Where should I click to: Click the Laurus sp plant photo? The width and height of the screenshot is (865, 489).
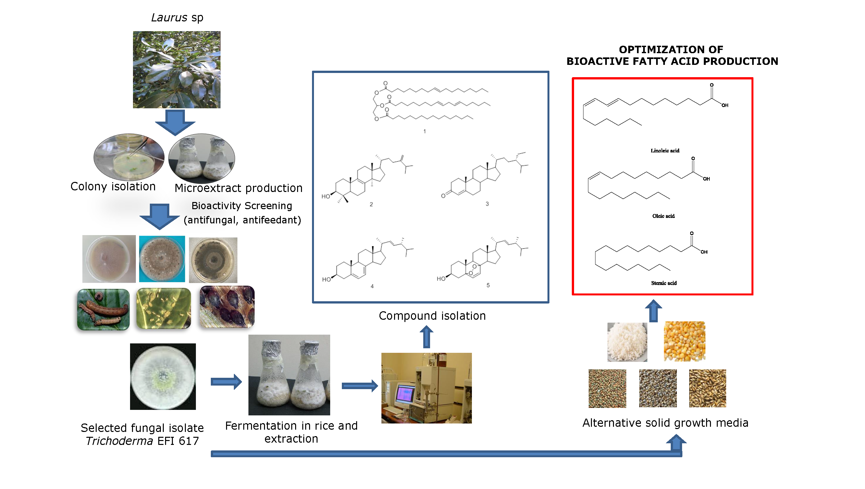coord(177,69)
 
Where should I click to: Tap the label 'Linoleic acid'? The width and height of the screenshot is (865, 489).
coord(665,151)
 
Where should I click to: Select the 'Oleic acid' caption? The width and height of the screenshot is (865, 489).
coord(663,216)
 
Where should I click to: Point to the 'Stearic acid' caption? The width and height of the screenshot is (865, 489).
coord(664,283)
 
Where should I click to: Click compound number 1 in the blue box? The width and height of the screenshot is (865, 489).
coord(425,131)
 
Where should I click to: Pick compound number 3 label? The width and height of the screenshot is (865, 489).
coord(487,204)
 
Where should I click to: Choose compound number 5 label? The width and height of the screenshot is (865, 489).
coord(488,285)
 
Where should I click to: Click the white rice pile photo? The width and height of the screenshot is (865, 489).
coord(627,342)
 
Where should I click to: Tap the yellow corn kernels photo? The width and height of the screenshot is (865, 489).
coord(684,341)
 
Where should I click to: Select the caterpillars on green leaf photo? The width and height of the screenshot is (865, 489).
coord(103,309)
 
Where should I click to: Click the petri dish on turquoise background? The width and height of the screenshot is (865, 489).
coord(162,259)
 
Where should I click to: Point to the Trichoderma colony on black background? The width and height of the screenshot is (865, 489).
coord(163,376)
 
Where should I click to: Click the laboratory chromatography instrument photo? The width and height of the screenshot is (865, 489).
coord(426,388)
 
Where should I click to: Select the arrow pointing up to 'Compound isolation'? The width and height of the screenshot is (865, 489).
coord(426,337)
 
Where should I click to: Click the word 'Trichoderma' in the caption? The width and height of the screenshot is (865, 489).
coord(119,441)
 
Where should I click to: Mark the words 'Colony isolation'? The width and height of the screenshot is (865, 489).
coord(113,186)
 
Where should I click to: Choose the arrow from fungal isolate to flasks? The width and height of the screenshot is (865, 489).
coord(226,382)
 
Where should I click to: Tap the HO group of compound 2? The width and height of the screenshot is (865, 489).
coord(326,197)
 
